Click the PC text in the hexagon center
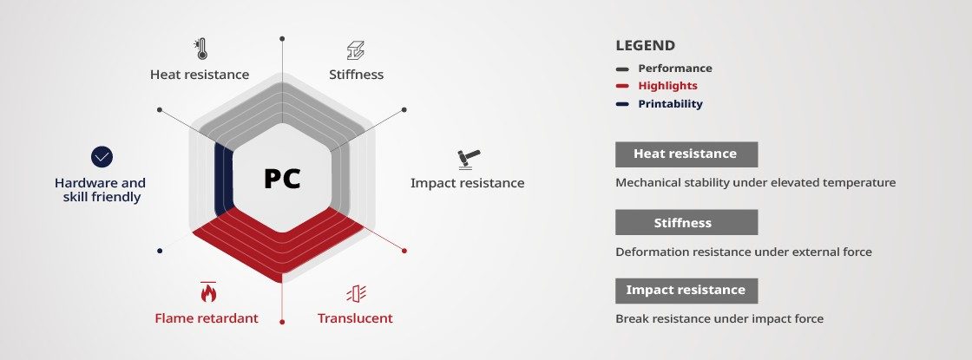click(282, 179)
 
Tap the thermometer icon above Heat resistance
click(200, 49)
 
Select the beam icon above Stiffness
click(356, 50)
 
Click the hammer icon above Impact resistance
click(470, 160)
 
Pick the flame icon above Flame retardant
click(208, 291)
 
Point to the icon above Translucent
click(357, 294)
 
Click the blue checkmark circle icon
click(102, 157)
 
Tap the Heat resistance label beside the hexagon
click(200, 75)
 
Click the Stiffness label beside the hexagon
click(357, 75)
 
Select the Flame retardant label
click(207, 318)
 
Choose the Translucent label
click(355, 318)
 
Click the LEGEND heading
click(646, 46)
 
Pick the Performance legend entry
click(675, 69)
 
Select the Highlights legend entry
click(667, 86)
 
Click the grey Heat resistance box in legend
click(686, 154)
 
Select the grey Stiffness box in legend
click(686, 222)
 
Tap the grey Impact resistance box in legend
click(686, 291)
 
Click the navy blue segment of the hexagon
click(224, 179)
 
